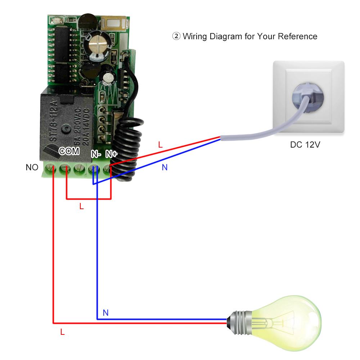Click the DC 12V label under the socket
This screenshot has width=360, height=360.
click(305, 145)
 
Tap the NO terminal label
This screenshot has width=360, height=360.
click(32, 167)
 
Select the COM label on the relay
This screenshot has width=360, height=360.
click(69, 151)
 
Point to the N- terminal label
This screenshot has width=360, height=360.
click(96, 154)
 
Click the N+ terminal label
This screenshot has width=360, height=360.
click(111, 154)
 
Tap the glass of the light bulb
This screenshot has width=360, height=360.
click(288, 317)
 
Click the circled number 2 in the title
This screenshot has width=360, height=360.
click(176, 36)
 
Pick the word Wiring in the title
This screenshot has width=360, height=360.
click(194, 36)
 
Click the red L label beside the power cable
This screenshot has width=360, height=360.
click(161, 145)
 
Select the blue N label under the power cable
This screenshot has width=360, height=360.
click(165, 167)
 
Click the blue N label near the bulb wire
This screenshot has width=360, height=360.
click(105, 313)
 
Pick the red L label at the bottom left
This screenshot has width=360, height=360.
click(62, 333)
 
